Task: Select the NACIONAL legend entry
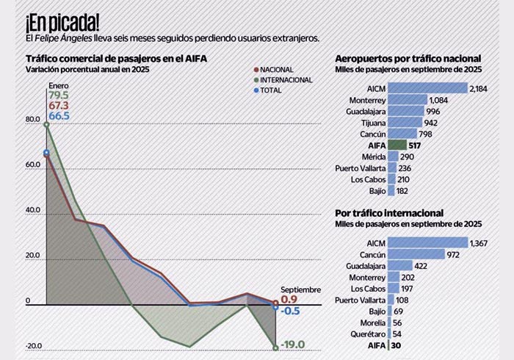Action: [x=277, y=69]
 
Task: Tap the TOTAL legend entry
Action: [x=271, y=90]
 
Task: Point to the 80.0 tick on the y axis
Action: [x=33, y=120]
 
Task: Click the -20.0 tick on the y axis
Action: [x=32, y=347]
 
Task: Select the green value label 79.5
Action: [x=59, y=96]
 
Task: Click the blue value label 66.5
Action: [x=59, y=116]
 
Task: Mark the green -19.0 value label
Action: [x=294, y=343]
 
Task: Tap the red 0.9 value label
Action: [x=289, y=300]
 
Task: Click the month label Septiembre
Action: [x=300, y=289]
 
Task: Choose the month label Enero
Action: [x=59, y=85]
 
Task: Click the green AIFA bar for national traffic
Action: [x=397, y=145]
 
